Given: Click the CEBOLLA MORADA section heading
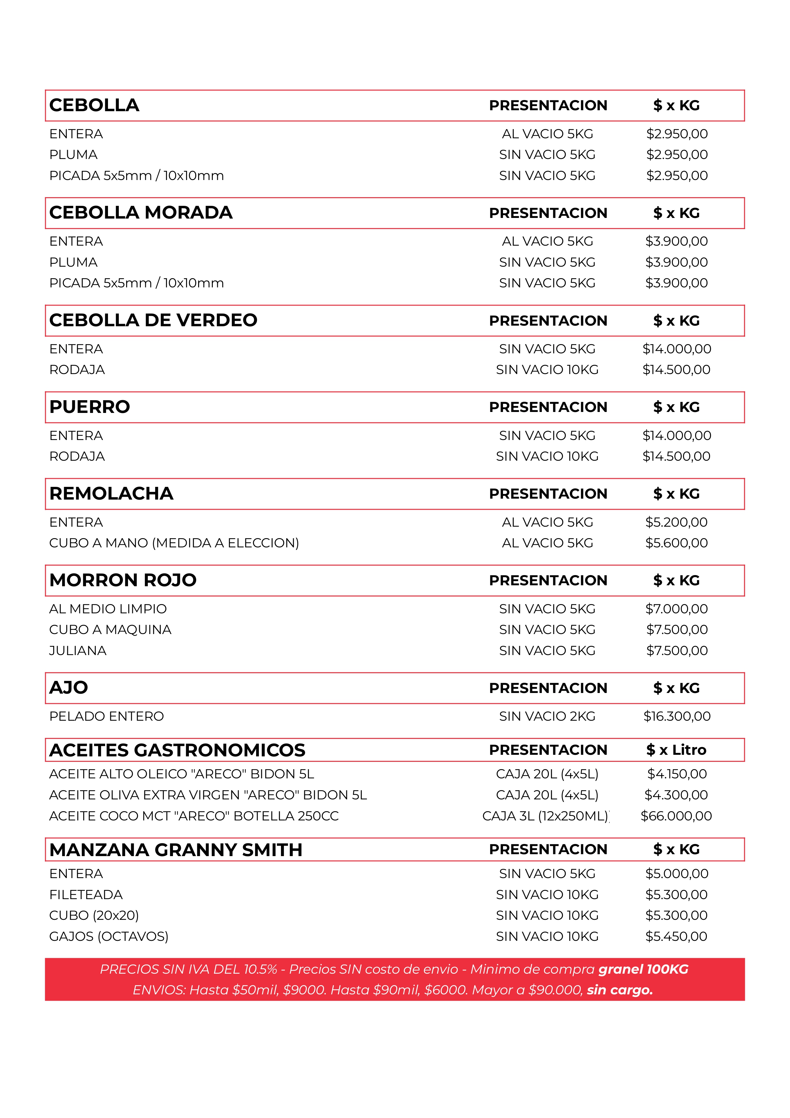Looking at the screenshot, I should coord(141,213).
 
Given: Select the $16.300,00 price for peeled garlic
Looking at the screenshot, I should coord(677,716).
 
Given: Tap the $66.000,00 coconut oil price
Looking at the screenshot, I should coord(676,816).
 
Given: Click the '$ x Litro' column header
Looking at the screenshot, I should coord(676,750).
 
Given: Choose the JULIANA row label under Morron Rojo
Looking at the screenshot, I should coord(78,651).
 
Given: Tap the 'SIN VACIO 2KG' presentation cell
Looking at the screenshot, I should coord(547,716).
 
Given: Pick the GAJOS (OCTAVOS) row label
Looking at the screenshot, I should coord(109,936).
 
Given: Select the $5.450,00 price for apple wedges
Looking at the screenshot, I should coord(676,936).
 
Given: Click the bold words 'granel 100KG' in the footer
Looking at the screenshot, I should coord(643,970).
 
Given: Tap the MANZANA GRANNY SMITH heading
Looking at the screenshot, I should coord(176,850).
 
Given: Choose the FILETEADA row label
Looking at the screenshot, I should coord(86,895).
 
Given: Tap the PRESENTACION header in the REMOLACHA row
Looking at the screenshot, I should coord(548,494).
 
